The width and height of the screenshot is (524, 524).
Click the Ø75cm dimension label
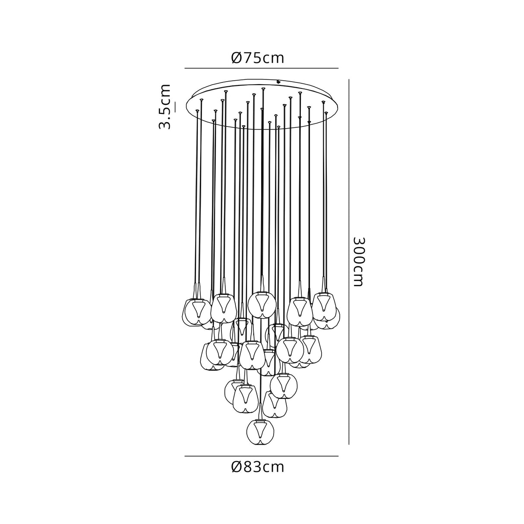tap(258, 57)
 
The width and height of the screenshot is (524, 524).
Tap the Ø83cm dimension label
tap(258, 467)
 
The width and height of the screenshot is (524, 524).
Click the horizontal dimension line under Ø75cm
tap(261, 68)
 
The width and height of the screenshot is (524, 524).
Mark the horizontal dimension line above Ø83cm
tap(261, 456)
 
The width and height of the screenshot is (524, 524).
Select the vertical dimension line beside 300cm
tap(349, 262)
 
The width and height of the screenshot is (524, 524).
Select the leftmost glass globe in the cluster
tap(193, 311)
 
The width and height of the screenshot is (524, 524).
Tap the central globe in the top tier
tap(262, 304)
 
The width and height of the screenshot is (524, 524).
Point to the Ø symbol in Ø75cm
tap(236, 57)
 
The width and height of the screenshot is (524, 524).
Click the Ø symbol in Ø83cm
tap(236, 467)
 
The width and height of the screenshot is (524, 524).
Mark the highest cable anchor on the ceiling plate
tap(263, 89)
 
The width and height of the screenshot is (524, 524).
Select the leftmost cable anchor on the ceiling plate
tap(198, 111)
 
